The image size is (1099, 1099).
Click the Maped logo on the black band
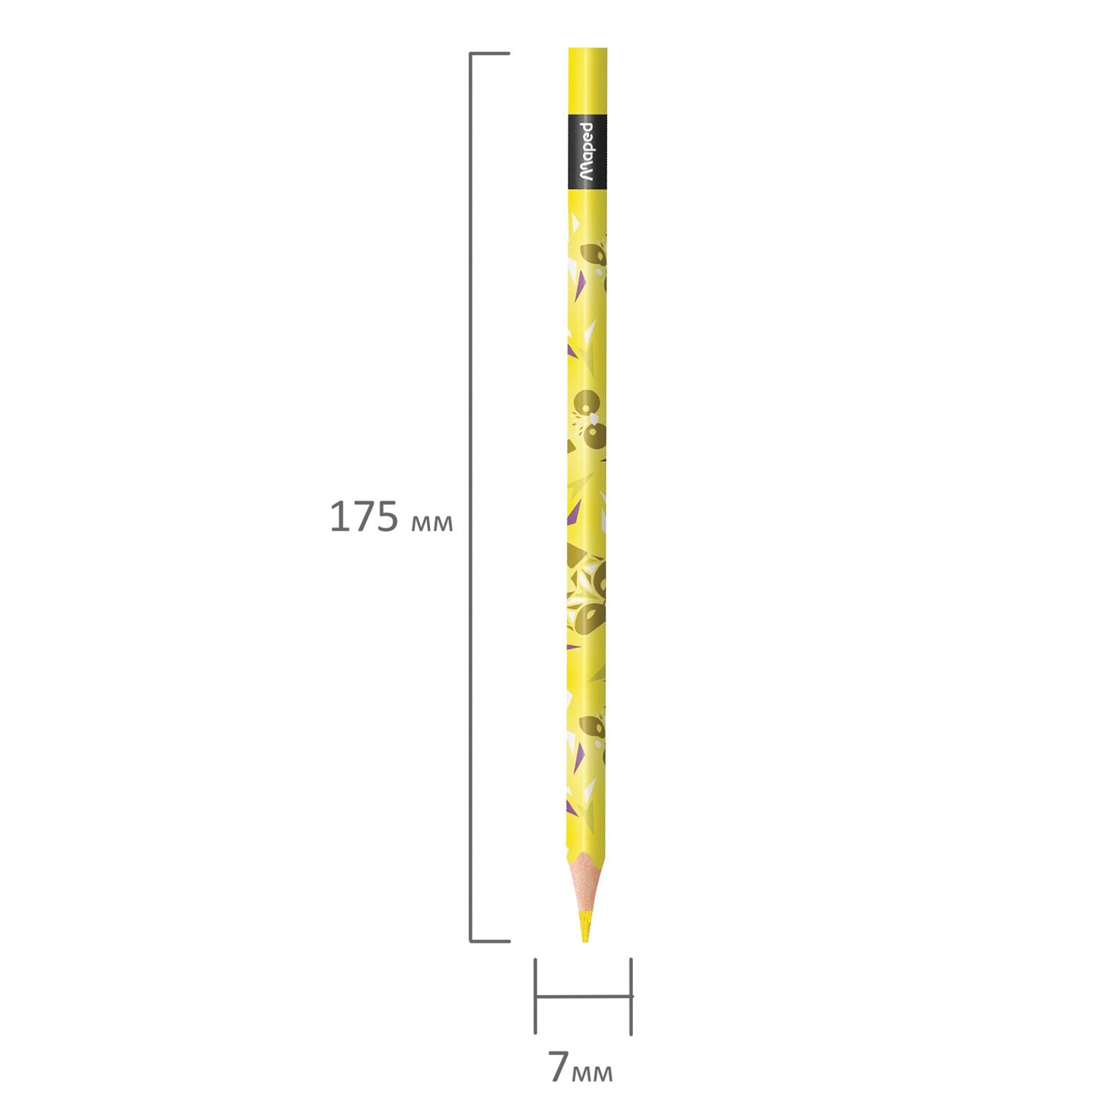tap(588, 152)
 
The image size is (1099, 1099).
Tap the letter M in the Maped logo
tap(588, 174)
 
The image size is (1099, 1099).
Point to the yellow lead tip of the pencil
tap(585, 925)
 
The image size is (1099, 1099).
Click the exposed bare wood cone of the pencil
tap(586, 882)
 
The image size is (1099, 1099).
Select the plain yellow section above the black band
tap(588, 81)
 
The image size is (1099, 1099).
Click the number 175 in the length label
tap(364, 517)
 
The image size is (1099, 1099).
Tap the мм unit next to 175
tap(432, 522)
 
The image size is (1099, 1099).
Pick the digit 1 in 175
tap(338, 517)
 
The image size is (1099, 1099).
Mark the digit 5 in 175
tap(387, 517)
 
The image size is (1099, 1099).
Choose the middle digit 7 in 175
tap(363, 517)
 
